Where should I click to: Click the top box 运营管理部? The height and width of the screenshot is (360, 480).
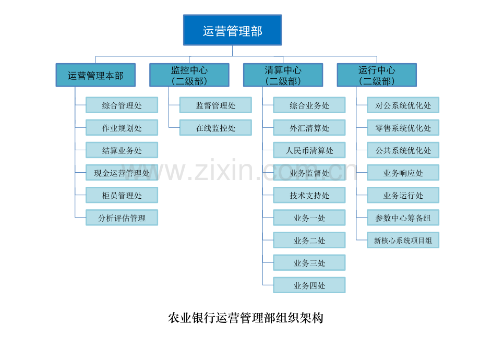coord(232,30)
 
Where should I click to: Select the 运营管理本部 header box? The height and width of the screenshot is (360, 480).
coord(95,75)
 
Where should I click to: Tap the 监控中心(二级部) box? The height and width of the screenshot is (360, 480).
coord(189,75)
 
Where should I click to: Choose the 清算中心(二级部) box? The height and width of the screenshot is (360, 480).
coord(283,75)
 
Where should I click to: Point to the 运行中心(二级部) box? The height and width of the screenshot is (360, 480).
coord(377,75)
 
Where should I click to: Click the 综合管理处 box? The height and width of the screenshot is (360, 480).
coord(122,105)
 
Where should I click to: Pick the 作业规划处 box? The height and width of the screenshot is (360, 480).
coord(122,128)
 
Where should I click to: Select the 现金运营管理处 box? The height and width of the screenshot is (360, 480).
coord(122,173)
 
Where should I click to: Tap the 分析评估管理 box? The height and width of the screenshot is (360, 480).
coord(122,218)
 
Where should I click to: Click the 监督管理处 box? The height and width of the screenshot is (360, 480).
coord(215,105)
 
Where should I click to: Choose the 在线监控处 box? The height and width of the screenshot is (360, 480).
coord(215,128)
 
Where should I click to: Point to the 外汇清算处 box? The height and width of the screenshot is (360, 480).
coord(309,128)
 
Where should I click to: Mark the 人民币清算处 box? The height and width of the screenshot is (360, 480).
coord(309,150)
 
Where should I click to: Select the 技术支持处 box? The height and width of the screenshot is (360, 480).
coord(309,195)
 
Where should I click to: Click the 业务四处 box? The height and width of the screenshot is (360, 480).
coord(309,285)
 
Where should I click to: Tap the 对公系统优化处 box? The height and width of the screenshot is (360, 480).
coord(403,105)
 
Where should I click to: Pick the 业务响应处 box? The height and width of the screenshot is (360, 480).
coord(403,173)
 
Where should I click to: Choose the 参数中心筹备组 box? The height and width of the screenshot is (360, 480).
coord(403,218)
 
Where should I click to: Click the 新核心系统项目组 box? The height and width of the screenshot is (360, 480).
coord(403,240)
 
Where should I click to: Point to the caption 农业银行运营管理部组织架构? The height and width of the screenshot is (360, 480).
coord(246,318)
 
